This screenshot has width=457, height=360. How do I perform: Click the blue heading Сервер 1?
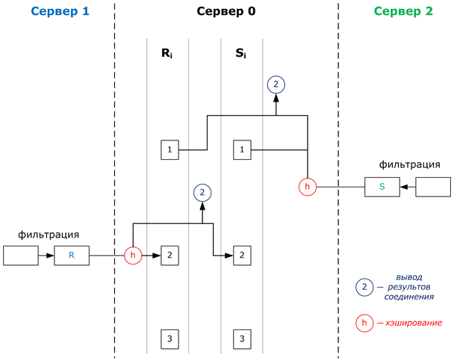(x=57, y=13)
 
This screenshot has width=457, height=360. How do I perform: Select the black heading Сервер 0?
(x=226, y=13)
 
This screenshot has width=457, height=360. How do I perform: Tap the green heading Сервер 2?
(x=402, y=13)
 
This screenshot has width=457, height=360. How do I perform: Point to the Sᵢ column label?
(x=241, y=54)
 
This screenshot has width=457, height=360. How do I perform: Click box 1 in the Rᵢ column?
(x=170, y=150)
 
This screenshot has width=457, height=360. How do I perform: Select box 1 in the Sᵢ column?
(x=241, y=150)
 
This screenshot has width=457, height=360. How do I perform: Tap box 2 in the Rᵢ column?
(x=170, y=255)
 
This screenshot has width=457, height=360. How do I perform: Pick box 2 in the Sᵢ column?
(x=241, y=255)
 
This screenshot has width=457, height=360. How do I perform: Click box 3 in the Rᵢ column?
(x=170, y=339)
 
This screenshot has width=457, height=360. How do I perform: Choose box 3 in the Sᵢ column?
(x=241, y=339)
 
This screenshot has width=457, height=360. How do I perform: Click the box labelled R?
(x=72, y=255)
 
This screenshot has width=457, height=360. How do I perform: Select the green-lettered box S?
(x=382, y=187)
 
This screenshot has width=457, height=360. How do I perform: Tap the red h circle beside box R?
(x=133, y=255)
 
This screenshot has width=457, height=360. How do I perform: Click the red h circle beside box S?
(x=308, y=187)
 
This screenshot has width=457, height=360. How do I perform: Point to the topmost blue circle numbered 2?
(x=276, y=84)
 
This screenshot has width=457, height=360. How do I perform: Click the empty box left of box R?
(x=20, y=255)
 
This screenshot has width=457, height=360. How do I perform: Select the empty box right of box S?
(x=432, y=187)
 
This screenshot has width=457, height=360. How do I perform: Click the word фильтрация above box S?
(x=408, y=165)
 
